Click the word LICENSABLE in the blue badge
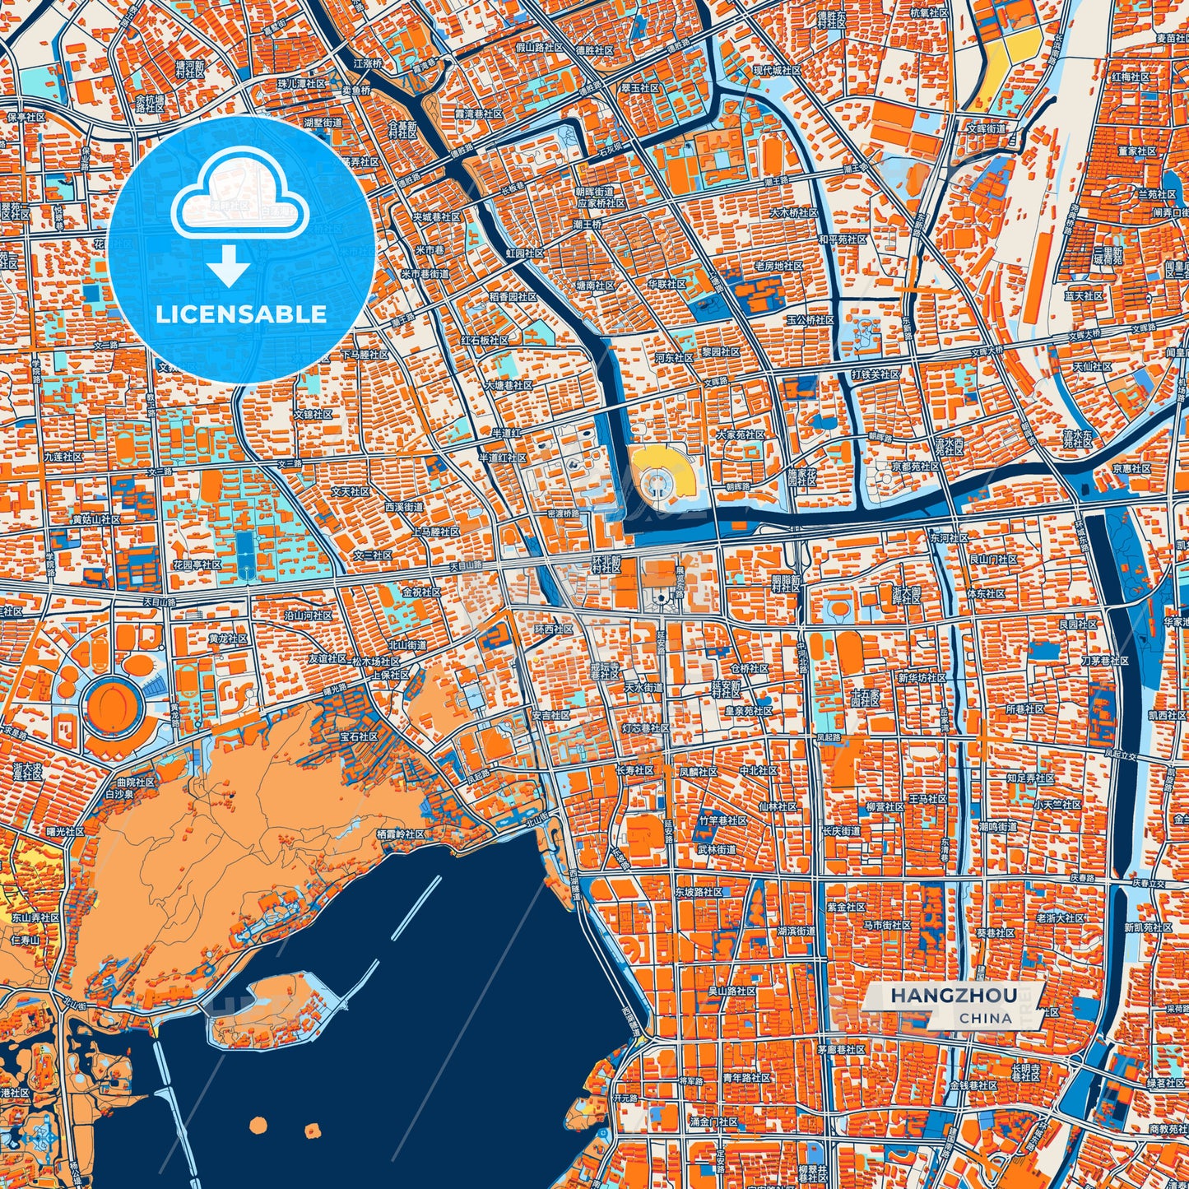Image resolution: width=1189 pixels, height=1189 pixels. [241, 314]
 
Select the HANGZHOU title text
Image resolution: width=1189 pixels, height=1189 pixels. [953, 996]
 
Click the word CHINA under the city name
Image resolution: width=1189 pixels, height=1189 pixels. [985, 1018]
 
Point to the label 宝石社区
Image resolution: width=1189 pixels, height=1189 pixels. [360, 736]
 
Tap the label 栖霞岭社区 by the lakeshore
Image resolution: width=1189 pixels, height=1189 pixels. [400, 834]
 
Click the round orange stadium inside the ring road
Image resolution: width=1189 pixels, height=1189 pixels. [113, 704]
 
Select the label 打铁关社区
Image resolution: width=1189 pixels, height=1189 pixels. [875, 374]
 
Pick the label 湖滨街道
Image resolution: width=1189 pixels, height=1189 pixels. [796, 931]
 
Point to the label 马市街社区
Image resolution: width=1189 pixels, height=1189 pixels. [887, 926]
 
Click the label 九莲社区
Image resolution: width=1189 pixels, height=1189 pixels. [63, 456]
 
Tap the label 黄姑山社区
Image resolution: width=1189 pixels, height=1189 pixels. [96, 520]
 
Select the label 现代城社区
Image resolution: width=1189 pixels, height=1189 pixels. [778, 71]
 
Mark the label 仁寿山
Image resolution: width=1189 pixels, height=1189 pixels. [26, 939]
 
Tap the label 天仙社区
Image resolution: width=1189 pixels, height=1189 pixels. [1092, 366]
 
